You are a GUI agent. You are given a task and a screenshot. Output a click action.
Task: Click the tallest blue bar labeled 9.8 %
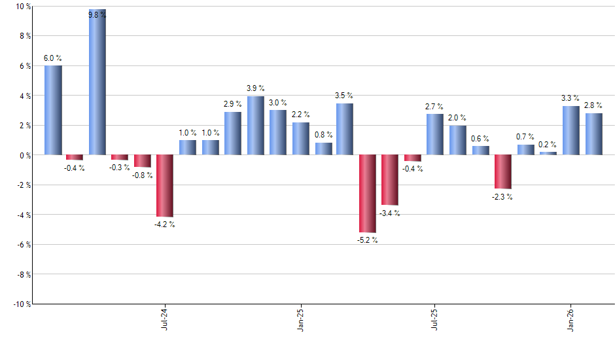(x=97, y=82)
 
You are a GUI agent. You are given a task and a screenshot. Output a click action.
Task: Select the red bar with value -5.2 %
(x=368, y=193)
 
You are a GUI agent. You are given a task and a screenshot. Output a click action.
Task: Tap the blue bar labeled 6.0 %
(x=53, y=110)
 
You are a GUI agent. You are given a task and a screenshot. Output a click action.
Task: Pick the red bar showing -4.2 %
(x=165, y=185)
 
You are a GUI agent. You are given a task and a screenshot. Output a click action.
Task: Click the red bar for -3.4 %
(x=390, y=180)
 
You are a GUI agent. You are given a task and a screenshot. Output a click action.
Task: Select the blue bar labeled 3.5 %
(x=345, y=129)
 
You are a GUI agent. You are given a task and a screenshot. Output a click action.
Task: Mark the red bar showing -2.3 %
(x=502, y=171)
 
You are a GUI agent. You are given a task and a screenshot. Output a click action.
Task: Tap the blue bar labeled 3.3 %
(x=571, y=130)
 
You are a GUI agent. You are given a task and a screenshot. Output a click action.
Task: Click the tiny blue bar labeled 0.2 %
(x=548, y=153)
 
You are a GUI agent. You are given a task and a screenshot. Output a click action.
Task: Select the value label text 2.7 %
(x=434, y=106)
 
